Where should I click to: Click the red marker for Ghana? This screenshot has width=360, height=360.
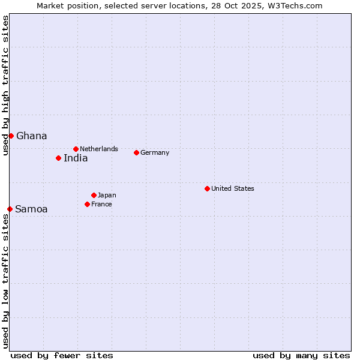click(11, 136)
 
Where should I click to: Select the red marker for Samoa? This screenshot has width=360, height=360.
click(10, 209)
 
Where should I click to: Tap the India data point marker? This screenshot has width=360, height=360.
click(58, 158)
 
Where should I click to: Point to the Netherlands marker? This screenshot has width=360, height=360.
click(76, 149)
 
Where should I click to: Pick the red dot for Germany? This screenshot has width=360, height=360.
click(136, 152)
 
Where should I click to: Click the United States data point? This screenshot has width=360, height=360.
click(207, 188)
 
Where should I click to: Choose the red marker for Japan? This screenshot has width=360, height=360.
click(94, 195)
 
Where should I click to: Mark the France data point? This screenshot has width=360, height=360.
click(87, 204)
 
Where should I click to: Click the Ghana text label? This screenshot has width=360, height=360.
click(32, 136)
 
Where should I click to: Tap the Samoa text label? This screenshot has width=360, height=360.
click(31, 209)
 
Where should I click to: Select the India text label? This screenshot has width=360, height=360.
click(76, 158)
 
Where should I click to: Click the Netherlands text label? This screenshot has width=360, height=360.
click(99, 149)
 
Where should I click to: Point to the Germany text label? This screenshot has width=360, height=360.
click(155, 153)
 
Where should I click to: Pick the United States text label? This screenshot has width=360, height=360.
click(233, 188)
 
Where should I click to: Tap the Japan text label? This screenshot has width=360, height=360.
click(107, 196)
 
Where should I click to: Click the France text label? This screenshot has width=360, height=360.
click(101, 205)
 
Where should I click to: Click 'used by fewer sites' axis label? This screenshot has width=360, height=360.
click(62, 355)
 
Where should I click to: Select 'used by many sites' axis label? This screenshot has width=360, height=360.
click(301, 355)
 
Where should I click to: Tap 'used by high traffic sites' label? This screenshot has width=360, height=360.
click(5, 85)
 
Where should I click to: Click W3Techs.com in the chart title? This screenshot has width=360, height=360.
click(294, 5)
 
